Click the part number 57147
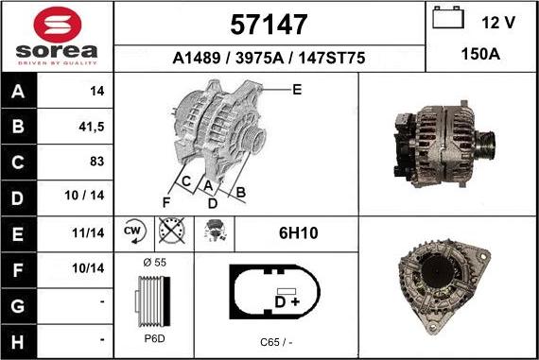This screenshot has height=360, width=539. tap(269, 23)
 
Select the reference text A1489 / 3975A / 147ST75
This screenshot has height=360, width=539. tap(269, 59)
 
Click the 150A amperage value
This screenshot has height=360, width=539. tap(481, 55)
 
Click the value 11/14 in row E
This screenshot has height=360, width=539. tap(88, 231)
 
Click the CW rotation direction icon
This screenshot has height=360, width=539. tap(132, 231)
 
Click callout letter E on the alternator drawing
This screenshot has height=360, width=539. tap(296, 90)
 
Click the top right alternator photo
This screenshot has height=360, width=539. tap(447, 144)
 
